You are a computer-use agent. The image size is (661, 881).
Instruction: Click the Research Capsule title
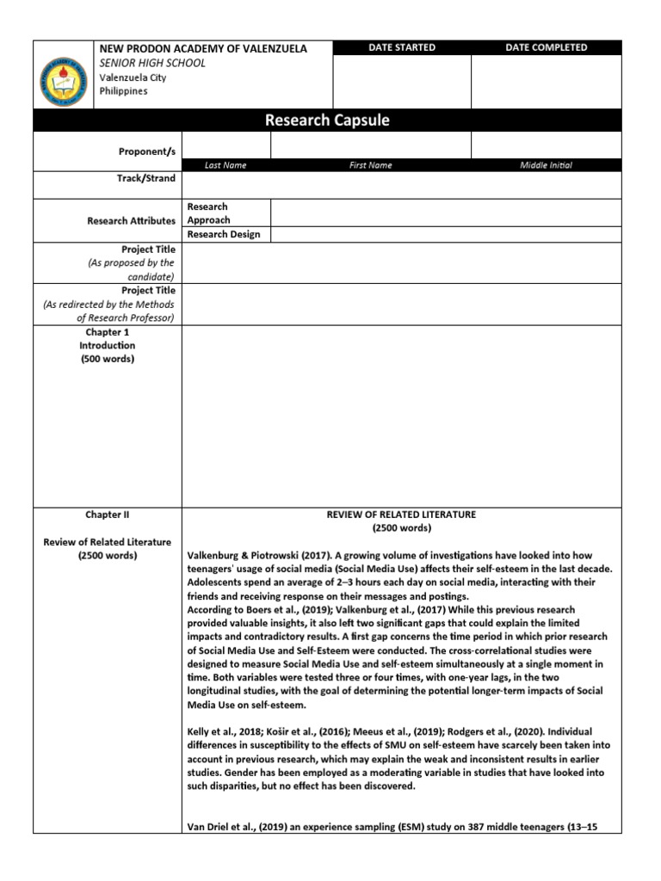(327, 120)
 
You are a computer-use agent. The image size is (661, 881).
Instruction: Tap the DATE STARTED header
(402, 48)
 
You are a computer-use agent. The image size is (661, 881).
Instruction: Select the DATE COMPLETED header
(547, 48)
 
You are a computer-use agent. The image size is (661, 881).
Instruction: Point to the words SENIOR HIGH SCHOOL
(152, 64)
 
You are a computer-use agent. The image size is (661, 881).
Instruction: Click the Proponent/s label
(146, 151)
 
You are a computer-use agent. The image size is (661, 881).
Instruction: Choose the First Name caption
(371, 165)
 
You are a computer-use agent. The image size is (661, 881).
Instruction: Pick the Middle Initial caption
(546, 165)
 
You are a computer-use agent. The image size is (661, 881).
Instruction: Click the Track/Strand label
(146, 179)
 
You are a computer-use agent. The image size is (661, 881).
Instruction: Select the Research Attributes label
(131, 221)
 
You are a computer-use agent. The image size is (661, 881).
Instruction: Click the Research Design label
(224, 235)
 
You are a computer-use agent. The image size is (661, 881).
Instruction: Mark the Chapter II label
(107, 515)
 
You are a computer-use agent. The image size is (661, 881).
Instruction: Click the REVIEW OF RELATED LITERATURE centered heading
(401, 514)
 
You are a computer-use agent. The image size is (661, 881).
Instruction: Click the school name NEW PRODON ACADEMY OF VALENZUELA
(203, 49)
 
